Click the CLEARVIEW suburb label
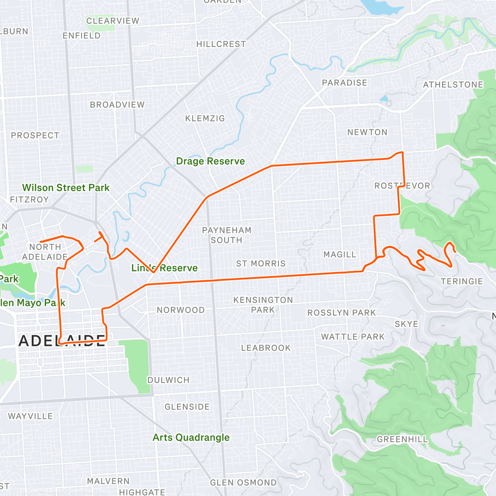pos(112,21)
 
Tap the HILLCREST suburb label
pos(221,44)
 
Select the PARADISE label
pos(344,83)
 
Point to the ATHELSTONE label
pos(453,85)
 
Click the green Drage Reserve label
pos(210,161)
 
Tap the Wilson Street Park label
pos(66,188)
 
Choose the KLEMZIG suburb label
pos(205,119)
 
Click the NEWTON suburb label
pos(367,132)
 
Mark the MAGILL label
pos(339,255)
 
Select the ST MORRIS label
pos(261,263)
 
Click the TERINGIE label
pos(462,281)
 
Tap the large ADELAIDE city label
pos(62,341)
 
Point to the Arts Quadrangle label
pos(191,437)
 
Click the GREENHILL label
pos(402,439)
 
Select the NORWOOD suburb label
pos(181,310)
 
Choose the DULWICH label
pos(168,380)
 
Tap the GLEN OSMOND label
pos(243,482)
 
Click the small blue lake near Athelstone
pos(384,99)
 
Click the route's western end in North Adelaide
pos(41,242)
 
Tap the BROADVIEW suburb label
pos(117,105)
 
